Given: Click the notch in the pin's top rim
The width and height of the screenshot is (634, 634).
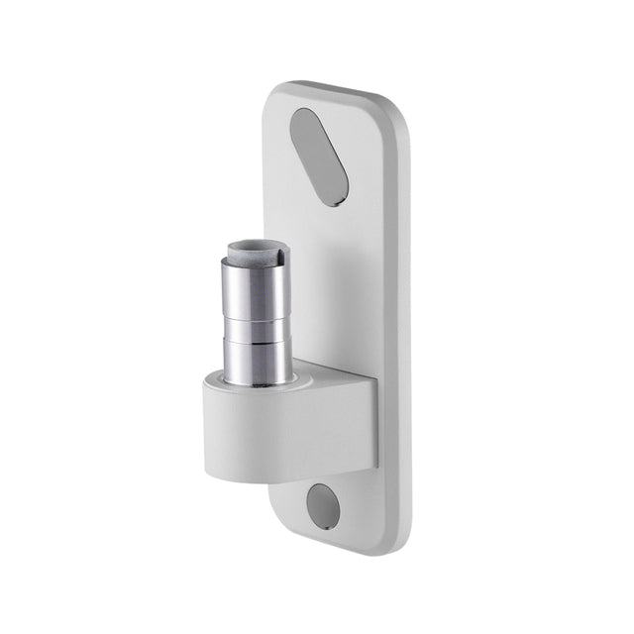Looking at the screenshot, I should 280,258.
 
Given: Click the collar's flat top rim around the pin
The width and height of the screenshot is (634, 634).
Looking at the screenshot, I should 297,378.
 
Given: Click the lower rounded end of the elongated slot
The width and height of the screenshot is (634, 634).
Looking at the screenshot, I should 337,193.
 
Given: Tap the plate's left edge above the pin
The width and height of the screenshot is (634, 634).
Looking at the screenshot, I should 270,178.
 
